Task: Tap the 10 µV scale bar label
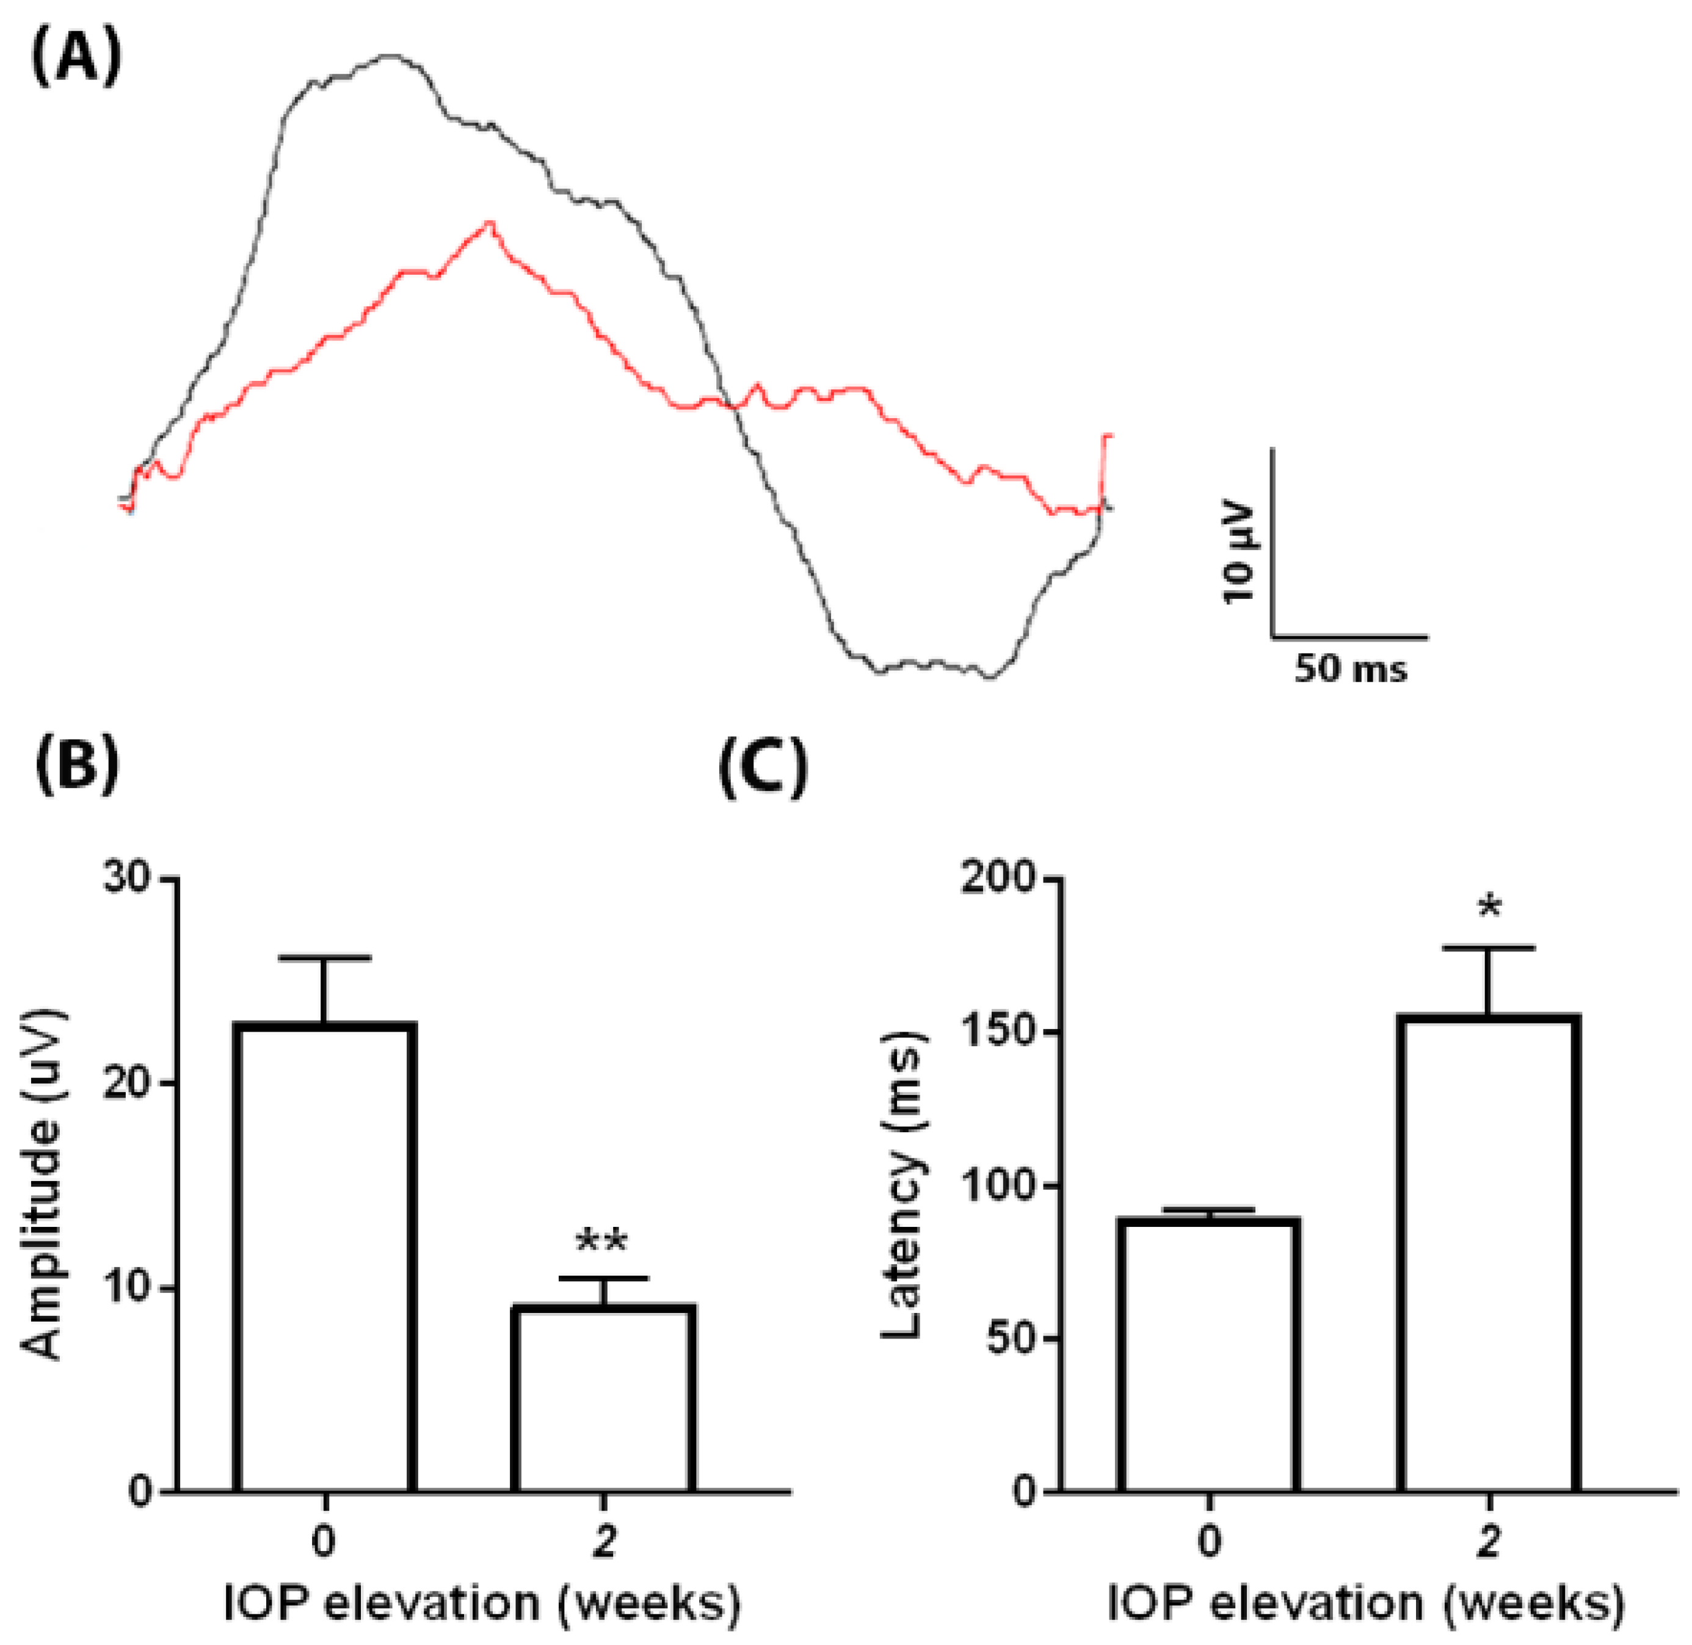[1243, 551]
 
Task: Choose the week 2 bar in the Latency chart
[1488, 1253]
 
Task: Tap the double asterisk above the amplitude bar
[602, 1242]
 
